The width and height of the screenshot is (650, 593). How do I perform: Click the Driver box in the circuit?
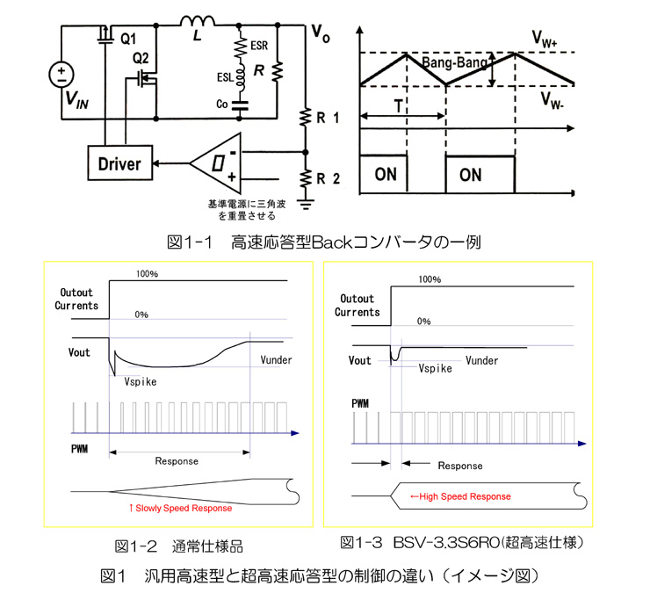[x=119, y=163]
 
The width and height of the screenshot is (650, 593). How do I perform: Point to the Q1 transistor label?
[x=128, y=39]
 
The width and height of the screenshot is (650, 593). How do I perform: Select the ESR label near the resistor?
[x=259, y=45]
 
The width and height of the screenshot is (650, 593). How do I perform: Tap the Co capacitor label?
[x=220, y=104]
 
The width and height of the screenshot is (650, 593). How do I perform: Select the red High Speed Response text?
[x=460, y=496]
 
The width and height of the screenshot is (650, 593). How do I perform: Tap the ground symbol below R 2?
[x=306, y=204]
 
